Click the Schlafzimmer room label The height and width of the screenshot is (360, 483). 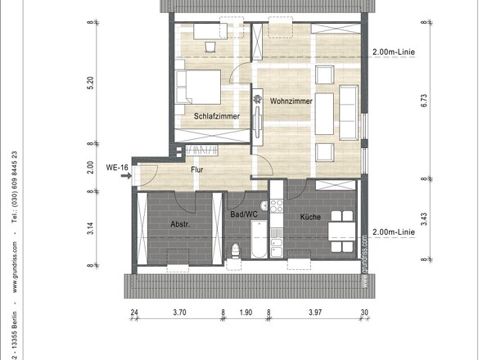click(x=217, y=117)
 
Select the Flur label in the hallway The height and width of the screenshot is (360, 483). click(x=197, y=170)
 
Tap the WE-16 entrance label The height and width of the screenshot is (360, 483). click(x=118, y=168)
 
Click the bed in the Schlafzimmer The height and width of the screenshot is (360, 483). click(x=201, y=87)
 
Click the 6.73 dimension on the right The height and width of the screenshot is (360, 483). click(x=424, y=101)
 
